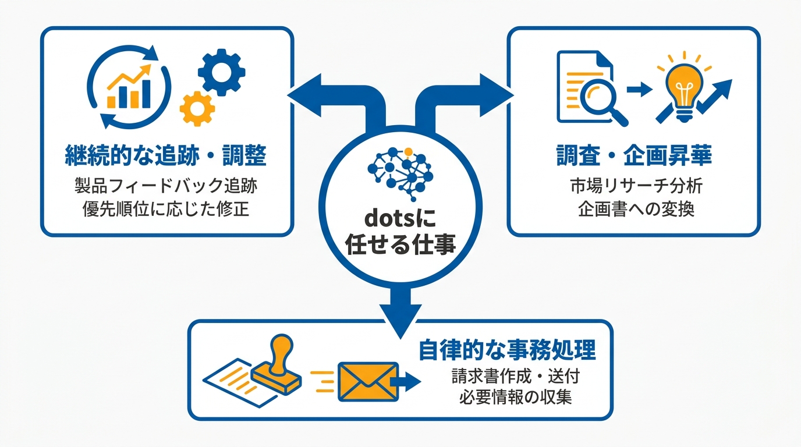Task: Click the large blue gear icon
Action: (221, 72)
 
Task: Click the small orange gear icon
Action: (197, 109)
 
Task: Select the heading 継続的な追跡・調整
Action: (165, 155)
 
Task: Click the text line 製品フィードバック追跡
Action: (166, 186)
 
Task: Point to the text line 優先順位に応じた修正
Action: (166, 209)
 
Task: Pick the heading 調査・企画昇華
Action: (634, 155)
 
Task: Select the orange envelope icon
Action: (368, 382)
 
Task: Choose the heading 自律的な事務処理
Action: (507, 350)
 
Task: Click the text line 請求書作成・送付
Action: (516, 376)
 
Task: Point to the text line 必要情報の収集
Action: (516, 397)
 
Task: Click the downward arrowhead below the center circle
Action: (400, 321)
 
